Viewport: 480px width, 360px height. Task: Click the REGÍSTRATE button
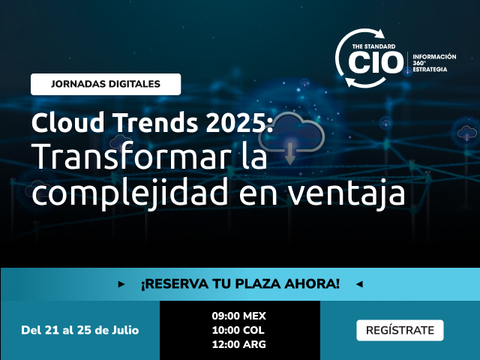coord(400,330)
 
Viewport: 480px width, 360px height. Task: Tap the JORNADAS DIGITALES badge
coord(106,84)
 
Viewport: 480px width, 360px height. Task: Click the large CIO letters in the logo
coord(376,62)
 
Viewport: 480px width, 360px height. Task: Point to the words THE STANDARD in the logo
coord(373,46)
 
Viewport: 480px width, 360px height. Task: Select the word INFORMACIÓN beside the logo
coord(434,57)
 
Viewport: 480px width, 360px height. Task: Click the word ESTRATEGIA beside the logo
coord(430,70)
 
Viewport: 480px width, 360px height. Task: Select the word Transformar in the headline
coord(131,157)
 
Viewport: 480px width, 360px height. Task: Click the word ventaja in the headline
coord(346,193)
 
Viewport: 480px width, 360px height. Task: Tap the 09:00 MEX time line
coord(239,316)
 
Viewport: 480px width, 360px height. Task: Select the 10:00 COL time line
coord(238,330)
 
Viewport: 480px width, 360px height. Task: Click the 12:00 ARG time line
coord(239,344)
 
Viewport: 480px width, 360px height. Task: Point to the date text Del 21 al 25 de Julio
coord(80,330)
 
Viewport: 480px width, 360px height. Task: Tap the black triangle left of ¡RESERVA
coord(121,284)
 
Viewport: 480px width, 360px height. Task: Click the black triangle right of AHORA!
coord(359,284)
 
